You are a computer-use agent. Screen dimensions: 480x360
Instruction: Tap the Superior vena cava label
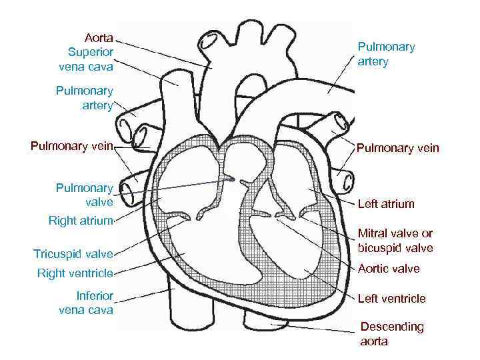pos(90,59)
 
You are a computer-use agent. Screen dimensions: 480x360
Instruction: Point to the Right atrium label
pos(81,220)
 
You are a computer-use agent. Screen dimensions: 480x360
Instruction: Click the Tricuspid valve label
pos(73,253)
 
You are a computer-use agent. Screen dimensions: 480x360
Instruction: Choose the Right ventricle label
pos(75,273)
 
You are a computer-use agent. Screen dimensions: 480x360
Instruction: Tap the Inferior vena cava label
pos(86,303)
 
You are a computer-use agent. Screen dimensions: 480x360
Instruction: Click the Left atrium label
pos(386,204)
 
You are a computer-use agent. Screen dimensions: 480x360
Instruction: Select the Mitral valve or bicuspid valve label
pos(395,241)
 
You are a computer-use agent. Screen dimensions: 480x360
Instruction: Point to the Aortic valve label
pos(389,269)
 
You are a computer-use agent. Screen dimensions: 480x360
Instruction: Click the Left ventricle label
pos(391,299)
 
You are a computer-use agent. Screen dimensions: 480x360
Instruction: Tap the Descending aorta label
pos(391,333)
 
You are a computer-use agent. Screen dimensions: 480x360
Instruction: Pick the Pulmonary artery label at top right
pos(386,54)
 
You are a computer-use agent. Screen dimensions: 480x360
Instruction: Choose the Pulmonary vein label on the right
pos(398,148)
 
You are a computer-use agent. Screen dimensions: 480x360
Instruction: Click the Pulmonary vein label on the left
pos(72,145)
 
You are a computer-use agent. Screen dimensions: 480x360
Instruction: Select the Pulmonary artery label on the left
pos(85,97)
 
